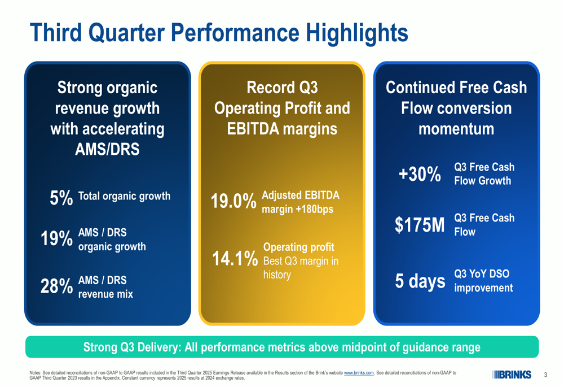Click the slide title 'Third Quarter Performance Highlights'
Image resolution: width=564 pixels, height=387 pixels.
pyautogui.click(x=218, y=33)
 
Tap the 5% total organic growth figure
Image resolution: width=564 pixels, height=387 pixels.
pyautogui.click(x=61, y=198)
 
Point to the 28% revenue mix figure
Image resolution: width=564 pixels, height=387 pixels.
pyautogui.click(x=56, y=286)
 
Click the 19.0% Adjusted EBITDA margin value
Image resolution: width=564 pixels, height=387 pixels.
pyautogui.click(x=233, y=202)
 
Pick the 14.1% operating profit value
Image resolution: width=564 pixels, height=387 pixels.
pyautogui.click(x=235, y=259)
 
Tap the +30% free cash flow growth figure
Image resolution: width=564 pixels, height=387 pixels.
pyautogui.click(x=419, y=175)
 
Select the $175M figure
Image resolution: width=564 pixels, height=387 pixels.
pyautogui.click(x=420, y=225)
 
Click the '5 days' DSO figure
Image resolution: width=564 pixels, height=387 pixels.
pyautogui.click(x=420, y=281)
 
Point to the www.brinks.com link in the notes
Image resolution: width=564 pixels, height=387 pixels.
pyautogui.click(x=359, y=373)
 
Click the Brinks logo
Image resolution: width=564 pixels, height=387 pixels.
pyautogui.click(x=512, y=374)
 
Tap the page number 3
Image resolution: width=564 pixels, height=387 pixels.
pyautogui.click(x=545, y=375)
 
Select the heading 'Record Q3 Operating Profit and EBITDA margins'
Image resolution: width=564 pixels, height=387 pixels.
pyautogui.click(x=282, y=108)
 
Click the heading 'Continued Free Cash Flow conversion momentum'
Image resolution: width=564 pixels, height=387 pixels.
pyautogui.click(x=456, y=108)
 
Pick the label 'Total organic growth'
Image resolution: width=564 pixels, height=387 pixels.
pyautogui.click(x=124, y=197)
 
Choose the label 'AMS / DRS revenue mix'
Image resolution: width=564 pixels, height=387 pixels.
pyautogui.click(x=105, y=287)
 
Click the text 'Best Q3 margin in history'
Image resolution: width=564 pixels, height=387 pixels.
pyautogui.click(x=301, y=268)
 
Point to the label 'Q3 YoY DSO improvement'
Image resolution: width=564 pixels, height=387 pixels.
pyautogui.click(x=483, y=281)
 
